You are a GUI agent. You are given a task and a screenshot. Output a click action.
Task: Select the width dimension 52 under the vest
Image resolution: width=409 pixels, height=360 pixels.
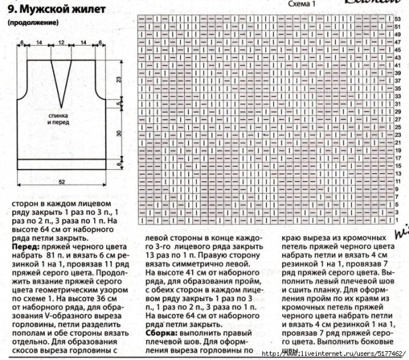tap(62, 181)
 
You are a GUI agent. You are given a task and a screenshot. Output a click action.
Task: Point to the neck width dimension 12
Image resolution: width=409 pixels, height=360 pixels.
tap(61, 42)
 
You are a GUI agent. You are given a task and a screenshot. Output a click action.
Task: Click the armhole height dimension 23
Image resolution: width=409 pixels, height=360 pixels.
tap(119, 80)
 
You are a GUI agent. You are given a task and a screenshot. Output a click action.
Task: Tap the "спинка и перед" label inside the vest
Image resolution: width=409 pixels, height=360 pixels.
tap(61, 120)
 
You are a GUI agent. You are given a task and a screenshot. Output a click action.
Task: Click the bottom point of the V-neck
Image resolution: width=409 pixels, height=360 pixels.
tap(62, 100)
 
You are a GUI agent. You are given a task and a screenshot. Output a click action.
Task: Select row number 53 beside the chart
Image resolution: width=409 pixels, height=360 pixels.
tap(398, 18)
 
